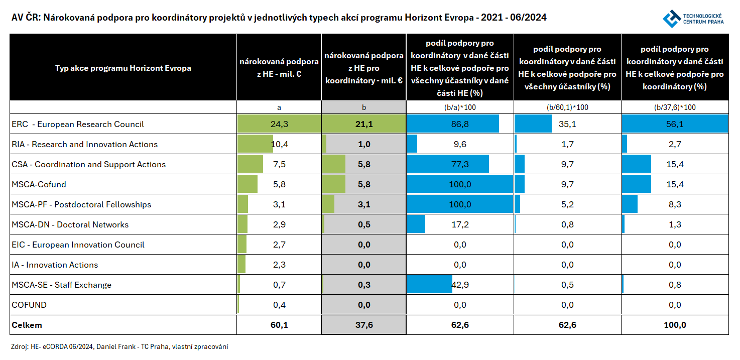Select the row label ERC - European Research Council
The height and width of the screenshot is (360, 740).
pyautogui.click(x=78, y=124)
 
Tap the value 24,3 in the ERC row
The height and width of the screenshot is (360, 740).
pyautogui.click(x=279, y=124)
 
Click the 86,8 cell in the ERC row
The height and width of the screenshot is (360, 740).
pyautogui.click(x=460, y=124)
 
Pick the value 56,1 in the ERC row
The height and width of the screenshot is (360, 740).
pyautogui.click(x=675, y=124)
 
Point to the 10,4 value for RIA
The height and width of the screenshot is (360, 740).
pyautogui.click(x=279, y=144)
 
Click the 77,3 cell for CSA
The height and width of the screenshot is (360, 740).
pyautogui.click(x=460, y=164)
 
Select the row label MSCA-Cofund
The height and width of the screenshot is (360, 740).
pyautogui.click(x=39, y=184)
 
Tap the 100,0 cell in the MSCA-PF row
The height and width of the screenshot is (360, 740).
pyautogui.click(x=460, y=204)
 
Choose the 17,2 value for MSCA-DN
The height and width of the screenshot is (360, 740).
pyautogui.click(x=460, y=224)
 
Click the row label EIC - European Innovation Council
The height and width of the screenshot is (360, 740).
pyautogui.click(x=78, y=245)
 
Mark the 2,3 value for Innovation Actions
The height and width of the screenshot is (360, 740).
pyautogui.click(x=279, y=265)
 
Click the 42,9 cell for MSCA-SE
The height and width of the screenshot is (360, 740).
pyautogui.click(x=460, y=285)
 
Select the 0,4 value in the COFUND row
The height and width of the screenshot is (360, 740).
pyautogui.click(x=279, y=305)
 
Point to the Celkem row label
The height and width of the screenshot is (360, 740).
pyautogui.click(x=27, y=325)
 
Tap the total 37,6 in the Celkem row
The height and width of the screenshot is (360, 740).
pyautogui.click(x=364, y=325)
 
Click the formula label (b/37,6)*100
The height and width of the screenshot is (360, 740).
pyautogui.click(x=675, y=107)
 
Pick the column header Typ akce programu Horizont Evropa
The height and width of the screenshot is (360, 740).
pyautogui.click(x=123, y=68)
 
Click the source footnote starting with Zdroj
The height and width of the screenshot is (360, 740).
pyautogui.click(x=119, y=346)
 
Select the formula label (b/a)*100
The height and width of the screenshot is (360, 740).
pyautogui.click(x=460, y=107)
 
